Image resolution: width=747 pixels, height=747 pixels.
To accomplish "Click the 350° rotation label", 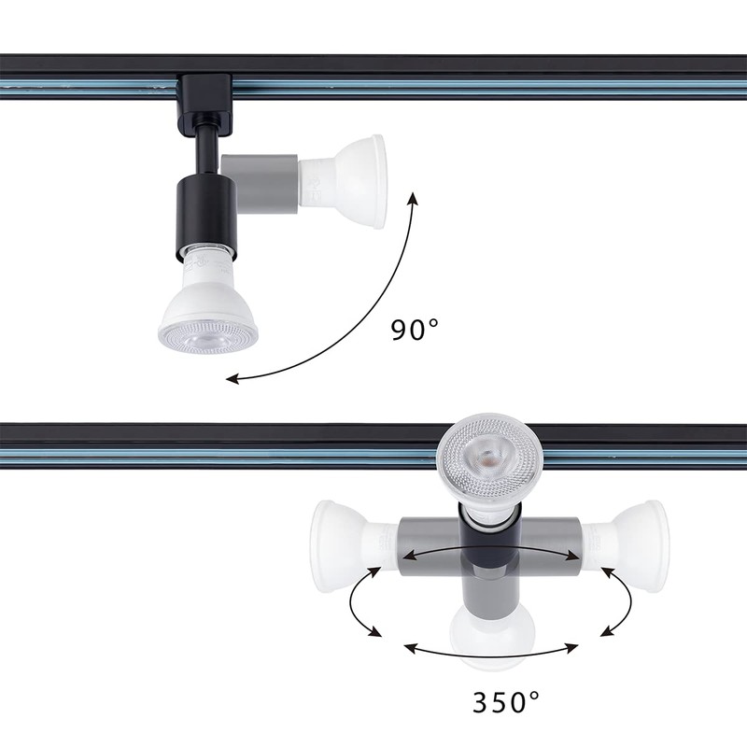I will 505,700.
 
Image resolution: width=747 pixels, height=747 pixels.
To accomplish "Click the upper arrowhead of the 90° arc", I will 413,198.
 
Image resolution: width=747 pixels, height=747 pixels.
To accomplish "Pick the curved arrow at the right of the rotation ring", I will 617,599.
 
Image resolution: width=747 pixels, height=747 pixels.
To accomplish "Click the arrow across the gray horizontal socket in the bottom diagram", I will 490,554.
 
